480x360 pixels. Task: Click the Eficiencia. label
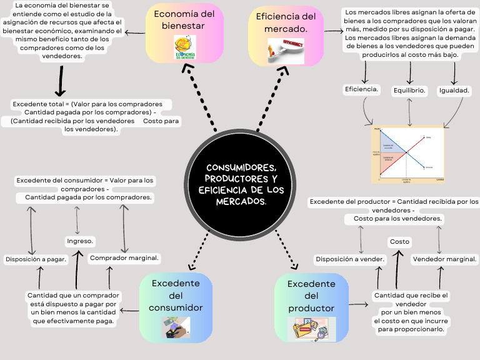click(x=362, y=89)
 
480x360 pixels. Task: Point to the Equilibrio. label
click(x=409, y=91)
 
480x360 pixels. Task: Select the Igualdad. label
click(x=454, y=91)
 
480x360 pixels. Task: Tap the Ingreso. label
click(x=79, y=241)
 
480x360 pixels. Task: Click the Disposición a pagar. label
click(x=36, y=259)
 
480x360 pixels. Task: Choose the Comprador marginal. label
click(x=124, y=257)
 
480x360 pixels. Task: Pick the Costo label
click(x=399, y=241)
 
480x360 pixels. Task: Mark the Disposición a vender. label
click(x=349, y=259)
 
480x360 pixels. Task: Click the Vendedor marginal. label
click(x=444, y=259)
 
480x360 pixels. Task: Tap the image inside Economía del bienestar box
click(x=184, y=47)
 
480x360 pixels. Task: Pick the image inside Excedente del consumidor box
click(x=176, y=327)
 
